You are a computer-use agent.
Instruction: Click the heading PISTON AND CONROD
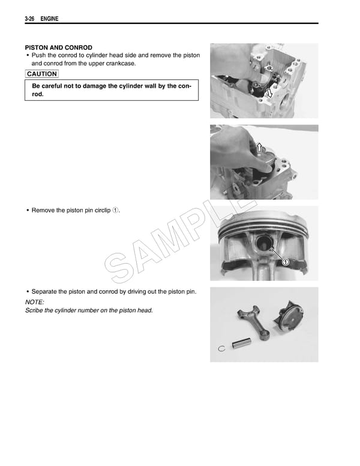pyautogui.click(x=58, y=47)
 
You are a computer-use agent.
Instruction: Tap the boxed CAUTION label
pyautogui.click(x=42, y=74)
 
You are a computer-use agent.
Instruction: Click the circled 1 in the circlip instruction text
pyautogui.click(x=116, y=210)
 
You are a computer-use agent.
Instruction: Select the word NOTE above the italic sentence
pyautogui.click(x=34, y=301)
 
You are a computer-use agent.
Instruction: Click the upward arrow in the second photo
pyautogui.click(x=259, y=148)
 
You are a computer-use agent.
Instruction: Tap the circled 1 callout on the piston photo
pyautogui.click(x=286, y=262)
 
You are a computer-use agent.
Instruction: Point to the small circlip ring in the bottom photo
pyautogui.click(x=221, y=348)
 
